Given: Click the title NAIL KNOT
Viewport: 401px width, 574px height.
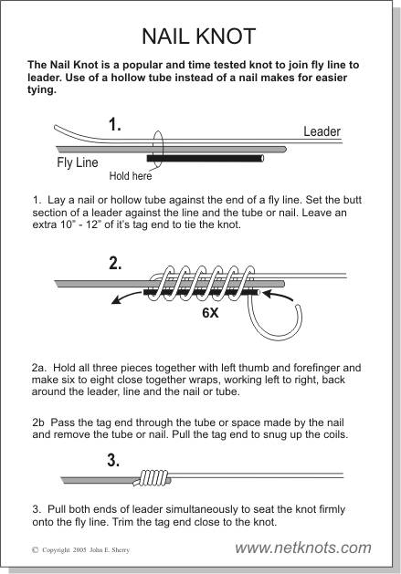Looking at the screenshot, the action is tap(198, 37).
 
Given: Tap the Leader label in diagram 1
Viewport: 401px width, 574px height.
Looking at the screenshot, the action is tap(322, 131).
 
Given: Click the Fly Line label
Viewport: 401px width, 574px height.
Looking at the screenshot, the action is tap(78, 162).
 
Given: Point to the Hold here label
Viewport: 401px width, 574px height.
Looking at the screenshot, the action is tap(130, 176).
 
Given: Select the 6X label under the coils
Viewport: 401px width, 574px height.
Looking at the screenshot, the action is tap(210, 313).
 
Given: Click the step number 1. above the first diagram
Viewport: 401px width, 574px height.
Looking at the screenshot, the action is tap(115, 125).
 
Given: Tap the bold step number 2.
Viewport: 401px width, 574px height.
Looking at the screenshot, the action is tap(115, 263).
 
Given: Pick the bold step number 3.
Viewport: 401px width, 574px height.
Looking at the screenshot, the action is tap(113, 460).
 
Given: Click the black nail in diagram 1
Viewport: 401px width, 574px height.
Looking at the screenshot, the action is tap(206, 158).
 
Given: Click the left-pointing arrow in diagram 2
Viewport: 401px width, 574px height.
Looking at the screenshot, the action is tap(126, 297).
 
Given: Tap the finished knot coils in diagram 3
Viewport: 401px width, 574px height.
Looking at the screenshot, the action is tap(153, 478).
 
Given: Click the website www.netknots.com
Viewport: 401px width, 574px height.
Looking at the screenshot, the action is tap(303, 548).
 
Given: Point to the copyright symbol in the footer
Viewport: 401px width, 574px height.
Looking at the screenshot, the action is tap(36, 549).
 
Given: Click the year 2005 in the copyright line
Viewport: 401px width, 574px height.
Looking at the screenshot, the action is tap(79, 550).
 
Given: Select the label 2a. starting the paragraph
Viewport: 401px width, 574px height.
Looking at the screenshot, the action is tap(38, 368).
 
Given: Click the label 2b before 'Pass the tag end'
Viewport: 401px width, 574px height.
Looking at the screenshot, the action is tap(38, 423).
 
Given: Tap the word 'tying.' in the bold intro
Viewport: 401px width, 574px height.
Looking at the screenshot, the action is tap(42, 89).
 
